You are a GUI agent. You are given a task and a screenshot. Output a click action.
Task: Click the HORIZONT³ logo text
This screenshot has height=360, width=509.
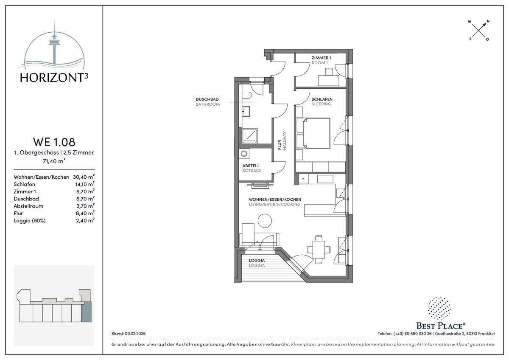pyautogui.click(x=54, y=78)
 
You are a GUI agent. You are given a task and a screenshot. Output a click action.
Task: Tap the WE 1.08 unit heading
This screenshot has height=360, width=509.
pyautogui.click(x=54, y=142)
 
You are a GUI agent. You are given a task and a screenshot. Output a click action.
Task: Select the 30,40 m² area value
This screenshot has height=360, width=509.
pyautogui.click(x=84, y=177)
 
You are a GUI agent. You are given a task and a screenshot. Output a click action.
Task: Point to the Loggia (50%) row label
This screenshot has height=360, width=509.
pyautogui.click(x=30, y=221)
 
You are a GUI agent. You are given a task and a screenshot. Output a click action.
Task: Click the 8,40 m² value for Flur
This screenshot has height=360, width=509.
pyautogui.click(x=85, y=213)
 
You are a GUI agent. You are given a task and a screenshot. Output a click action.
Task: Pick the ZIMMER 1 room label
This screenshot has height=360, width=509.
pyautogui.click(x=322, y=58)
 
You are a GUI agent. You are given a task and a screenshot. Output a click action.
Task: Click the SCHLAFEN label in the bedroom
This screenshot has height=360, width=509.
pyautogui.click(x=322, y=99)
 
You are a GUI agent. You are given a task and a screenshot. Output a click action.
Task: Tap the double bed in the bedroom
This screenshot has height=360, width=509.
pyautogui.click(x=313, y=133)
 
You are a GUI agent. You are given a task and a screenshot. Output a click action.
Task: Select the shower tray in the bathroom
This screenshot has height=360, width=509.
pyautogui.click(x=250, y=136)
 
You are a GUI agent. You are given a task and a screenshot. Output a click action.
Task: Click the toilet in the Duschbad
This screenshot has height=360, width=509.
pyautogui.click(x=246, y=96)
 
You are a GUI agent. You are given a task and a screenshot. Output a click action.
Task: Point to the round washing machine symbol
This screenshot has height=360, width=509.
pyautogui.click(x=244, y=154)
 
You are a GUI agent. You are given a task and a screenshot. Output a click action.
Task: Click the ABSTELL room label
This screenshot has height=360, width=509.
pyautogui.click(x=251, y=166)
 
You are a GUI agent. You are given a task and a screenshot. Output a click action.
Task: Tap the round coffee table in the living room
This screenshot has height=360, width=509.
pyautogui.click(x=265, y=221)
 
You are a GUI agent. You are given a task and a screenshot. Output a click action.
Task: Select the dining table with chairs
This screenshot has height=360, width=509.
pyautogui.click(x=319, y=250)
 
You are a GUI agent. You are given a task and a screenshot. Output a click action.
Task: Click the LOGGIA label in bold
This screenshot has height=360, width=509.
pyautogui.click(x=257, y=260)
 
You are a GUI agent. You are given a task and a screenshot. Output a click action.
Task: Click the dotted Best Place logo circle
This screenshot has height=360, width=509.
pyautogui.click(x=439, y=308)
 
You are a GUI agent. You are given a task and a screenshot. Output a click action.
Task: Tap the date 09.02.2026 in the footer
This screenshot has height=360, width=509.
pyautogui.click(x=135, y=334)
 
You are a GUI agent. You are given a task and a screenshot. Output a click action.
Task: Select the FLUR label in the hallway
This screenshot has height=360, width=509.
pyautogui.click(x=279, y=145)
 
